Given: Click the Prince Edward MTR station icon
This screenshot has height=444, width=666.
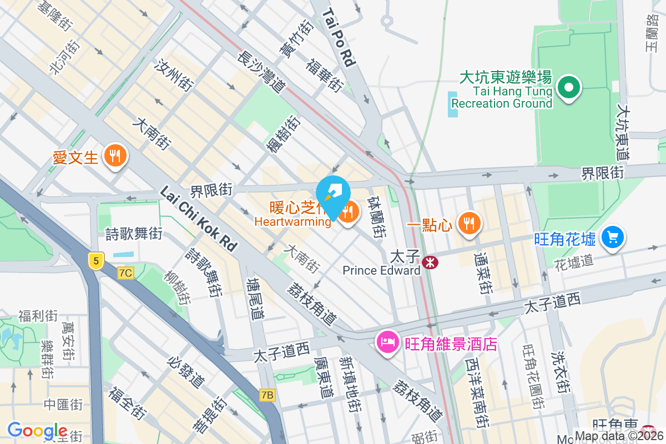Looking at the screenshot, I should tap(429, 262).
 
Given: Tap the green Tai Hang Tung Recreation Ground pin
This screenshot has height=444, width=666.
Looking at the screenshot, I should tap(569, 87).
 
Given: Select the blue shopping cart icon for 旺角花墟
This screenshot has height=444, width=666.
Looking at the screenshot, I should tap(613, 238).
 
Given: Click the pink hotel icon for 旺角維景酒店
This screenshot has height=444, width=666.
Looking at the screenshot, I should tap(387, 341).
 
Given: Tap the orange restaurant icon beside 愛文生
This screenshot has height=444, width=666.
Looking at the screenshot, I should tap(115, 156).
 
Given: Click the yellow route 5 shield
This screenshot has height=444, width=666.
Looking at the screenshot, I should tap(96, 260).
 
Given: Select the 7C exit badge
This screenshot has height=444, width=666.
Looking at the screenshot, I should tap(126, 273).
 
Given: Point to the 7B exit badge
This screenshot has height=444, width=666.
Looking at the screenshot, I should tap(268, 395).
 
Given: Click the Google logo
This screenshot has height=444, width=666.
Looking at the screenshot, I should tap(37, 431).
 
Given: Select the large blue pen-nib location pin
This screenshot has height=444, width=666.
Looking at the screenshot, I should tap(333, 194).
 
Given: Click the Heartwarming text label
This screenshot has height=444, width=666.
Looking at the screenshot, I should tap(292, 222).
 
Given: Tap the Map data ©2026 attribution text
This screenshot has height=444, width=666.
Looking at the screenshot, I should tap(619, 436).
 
